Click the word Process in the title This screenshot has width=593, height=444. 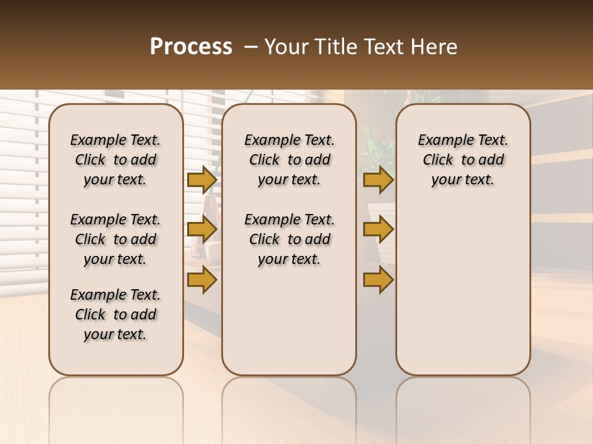tap(190, 47)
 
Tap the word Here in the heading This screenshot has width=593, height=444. tap(434, 47)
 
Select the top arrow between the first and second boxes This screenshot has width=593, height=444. tap(202, 180)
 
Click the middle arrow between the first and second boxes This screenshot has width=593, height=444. tap(202, 230)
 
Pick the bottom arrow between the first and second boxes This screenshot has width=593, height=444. tap(202, 279)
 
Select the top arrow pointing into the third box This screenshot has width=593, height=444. tap(378, 180)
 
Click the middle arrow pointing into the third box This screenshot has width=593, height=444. tap(378, 230)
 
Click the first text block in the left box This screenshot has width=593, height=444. tap(116, 160)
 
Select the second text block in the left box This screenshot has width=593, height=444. tap(116, 239)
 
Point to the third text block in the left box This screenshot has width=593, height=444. tap(116, 314)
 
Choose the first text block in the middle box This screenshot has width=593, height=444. tap(289, 160)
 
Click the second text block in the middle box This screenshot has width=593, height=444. tap(289, 239)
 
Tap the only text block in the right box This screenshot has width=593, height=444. tap(463, 160)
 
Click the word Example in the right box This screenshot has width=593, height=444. tap(440, 141)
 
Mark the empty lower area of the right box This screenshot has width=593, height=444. tap(463, 290)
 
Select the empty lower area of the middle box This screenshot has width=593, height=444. tap(289, 321)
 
